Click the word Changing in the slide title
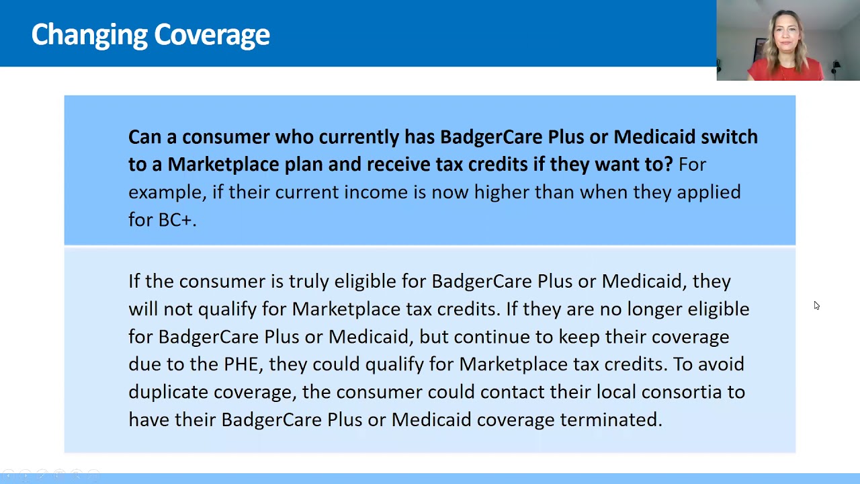89,35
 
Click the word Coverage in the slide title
212,35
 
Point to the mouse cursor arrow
816,306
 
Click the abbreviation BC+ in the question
175,220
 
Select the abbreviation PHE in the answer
240,364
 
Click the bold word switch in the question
729,137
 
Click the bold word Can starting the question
144,137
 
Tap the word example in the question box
166,192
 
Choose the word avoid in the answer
721,364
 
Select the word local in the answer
616,392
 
